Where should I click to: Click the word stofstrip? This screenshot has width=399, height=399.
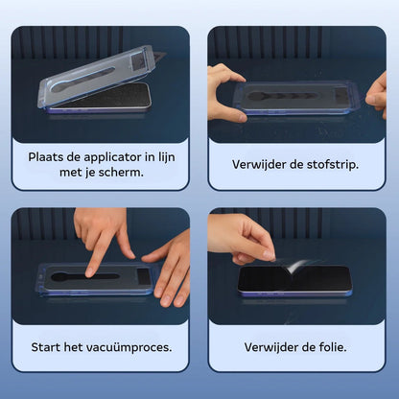pyautogui.click(x=329, y=163)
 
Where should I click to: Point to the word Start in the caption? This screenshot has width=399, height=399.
pyautogui.click(x=46, y=345)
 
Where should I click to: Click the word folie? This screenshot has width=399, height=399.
pyautogui.click(x=329, y=345)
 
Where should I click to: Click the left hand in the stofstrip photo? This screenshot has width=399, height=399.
pyautogui.click(x=225, y=91)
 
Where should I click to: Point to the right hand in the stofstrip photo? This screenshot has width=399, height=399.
pyautogui.click(x=376, y=92)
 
